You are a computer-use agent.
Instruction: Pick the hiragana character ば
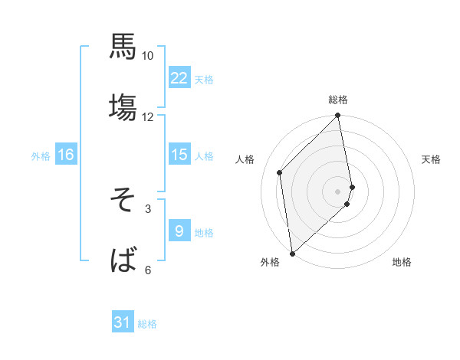(123, 260)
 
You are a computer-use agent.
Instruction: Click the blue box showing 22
(179, 78)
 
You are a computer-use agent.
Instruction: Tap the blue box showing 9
(179, 231)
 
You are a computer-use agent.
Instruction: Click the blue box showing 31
(123, 323)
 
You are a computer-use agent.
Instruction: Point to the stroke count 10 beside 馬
(148, 56)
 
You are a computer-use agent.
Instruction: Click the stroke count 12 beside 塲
(148, 117)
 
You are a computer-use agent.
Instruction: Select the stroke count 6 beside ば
(148, 270)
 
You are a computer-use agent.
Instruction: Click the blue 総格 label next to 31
(147, 324)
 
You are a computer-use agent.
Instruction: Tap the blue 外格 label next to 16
(41, 156)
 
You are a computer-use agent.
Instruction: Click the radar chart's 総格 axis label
(338, 100)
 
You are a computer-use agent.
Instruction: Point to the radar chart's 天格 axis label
(432, 159)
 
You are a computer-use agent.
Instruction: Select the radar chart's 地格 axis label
(402, 263)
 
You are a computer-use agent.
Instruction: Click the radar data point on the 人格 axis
(280, 172)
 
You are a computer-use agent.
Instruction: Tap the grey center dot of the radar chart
(338, 191)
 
